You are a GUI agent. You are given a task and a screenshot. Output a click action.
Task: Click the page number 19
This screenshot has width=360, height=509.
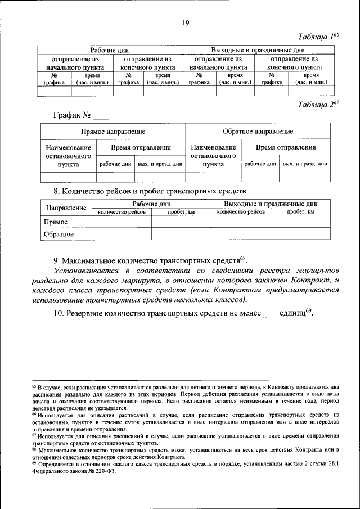(x=184, y=22)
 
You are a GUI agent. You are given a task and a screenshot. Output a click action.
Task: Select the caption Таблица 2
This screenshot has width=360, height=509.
(x=318, y=104)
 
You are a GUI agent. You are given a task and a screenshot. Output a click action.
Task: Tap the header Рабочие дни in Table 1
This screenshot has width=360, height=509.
(x=111, y=50)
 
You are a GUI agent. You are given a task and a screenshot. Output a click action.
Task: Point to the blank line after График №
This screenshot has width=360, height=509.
(x=103, y=118)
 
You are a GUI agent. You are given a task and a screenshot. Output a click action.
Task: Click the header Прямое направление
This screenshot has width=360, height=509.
(x=112, y=132)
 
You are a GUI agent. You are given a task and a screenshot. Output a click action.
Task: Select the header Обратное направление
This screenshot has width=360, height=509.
(x=257, y=132)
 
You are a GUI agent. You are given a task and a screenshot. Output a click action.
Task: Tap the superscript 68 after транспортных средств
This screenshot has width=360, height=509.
(x=243, y=259)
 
